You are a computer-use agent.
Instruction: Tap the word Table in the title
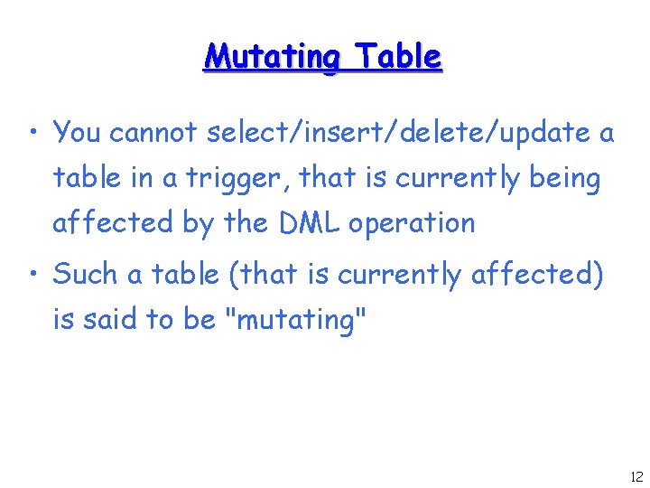pyautogui.click(x=398, y=57)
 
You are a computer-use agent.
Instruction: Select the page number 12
pyautogui.click(x=635, y=476)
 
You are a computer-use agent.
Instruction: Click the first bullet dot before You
pyautogui.click(x=32, y=136)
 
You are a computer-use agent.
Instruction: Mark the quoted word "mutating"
pyautogui.click(x=297, y=319)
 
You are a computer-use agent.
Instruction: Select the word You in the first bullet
pyautogui.click(x=77, y=134)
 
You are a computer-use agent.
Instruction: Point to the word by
pyautogui.click(x=198, y=222)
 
